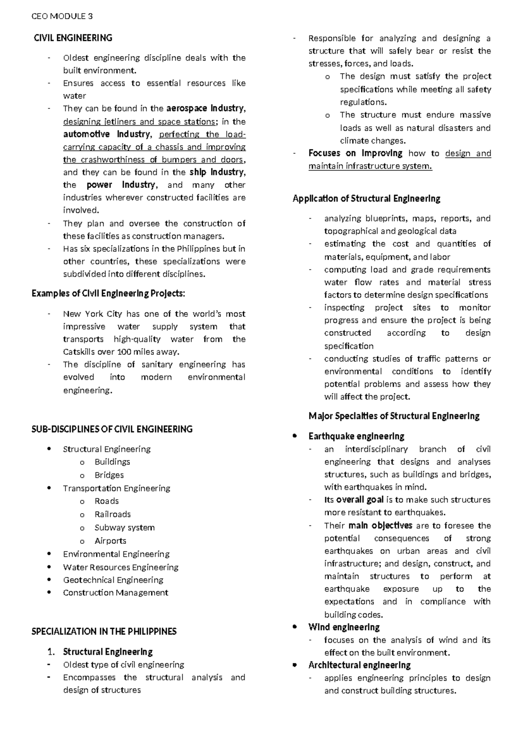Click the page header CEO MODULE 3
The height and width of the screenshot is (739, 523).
click(62, 17)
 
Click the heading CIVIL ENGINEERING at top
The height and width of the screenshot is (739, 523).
click(73, 38)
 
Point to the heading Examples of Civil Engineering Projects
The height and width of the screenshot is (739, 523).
click(108, 294)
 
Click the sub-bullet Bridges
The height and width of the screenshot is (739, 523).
click(109, 475)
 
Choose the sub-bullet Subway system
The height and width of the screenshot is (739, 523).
click(124, 528)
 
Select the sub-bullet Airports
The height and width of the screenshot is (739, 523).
click(110, 541)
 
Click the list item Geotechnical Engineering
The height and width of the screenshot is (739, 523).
click(113, 580)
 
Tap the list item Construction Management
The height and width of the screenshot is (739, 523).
click(115, 593)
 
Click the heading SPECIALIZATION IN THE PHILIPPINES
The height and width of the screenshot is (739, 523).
click(104, 631)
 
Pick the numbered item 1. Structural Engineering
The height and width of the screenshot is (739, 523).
click(107, 652)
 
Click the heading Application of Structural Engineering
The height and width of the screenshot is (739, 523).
click(366, 199)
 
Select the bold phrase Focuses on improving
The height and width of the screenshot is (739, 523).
click(355, 153)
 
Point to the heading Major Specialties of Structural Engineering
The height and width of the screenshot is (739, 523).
click(394, 416)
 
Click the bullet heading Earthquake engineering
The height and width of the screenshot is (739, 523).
click(356, 436)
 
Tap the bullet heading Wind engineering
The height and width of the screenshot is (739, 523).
click(344, 627)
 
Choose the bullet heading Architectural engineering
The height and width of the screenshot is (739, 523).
click(359, 665)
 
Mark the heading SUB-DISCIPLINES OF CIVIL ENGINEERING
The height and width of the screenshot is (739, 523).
click(112, 429)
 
